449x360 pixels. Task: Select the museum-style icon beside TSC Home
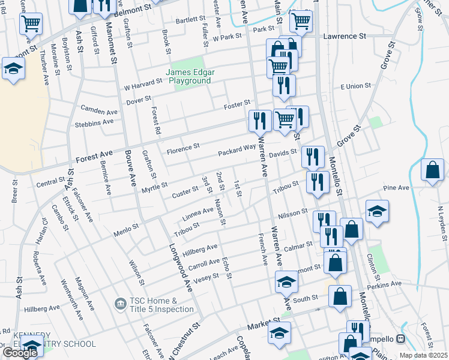tap(119, 305)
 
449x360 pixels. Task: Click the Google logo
tap(20, 353)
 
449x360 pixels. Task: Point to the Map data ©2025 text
tap(423, 355)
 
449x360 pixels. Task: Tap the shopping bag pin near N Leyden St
tap(432, 170)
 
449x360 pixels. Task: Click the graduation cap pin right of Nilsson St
tap(377, 212)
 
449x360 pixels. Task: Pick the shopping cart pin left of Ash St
tap(31, 24)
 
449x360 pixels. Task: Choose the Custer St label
tap(185, 190)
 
